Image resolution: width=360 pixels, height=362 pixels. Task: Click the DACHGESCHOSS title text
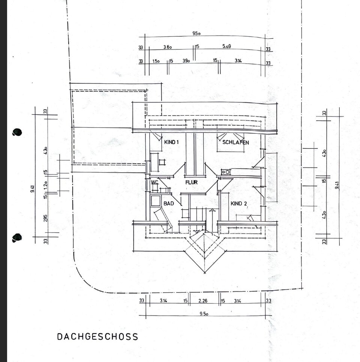(x=97, y=336)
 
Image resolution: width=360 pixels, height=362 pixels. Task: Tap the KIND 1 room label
(x=171, y=142)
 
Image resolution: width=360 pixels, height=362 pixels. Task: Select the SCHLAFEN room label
(x=235, y=142)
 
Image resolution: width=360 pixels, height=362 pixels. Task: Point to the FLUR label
(x=191, y=183)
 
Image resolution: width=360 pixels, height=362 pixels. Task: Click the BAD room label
(x=169, y=204)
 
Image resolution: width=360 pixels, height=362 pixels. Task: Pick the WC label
(x=154, y=183)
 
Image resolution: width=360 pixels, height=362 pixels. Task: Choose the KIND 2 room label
(x=239, y=204)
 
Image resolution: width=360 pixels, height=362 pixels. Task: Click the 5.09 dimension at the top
(x=226, y=46)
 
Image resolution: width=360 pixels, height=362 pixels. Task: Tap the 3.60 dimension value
(x=167, y=47)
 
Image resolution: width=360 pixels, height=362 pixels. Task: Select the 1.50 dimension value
(x=156, y=61)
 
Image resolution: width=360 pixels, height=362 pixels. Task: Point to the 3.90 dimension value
(x=186, y=61)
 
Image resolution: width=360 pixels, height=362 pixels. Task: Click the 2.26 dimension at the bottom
(x=203, y=301)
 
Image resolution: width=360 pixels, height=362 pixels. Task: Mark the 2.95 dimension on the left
(x=45, y=218)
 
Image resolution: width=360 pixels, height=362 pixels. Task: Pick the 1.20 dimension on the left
(x=45, y=185)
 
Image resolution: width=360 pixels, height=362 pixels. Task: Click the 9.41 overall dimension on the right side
(x=337, y=186)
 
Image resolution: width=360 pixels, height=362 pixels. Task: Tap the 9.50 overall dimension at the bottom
(x=204, y=314)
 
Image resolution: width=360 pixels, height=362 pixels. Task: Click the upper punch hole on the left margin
(x=17, y=132)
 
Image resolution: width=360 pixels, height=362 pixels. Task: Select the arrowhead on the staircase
(x=212, y=210)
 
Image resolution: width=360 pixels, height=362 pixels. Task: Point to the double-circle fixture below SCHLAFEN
(x=226, y=172)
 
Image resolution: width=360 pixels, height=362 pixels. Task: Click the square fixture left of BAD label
(x=156, y=201)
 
